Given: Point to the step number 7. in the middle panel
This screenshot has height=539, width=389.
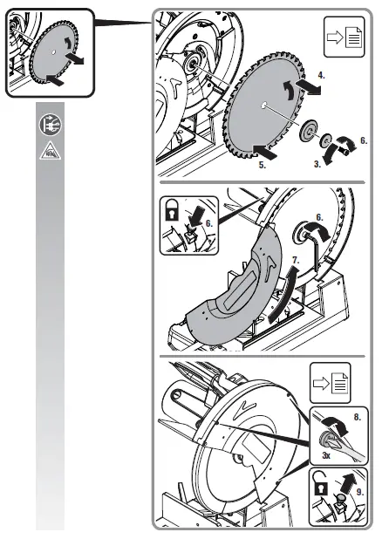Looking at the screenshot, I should (296, 260).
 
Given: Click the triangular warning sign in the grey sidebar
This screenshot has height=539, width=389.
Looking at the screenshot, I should (51, 149).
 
